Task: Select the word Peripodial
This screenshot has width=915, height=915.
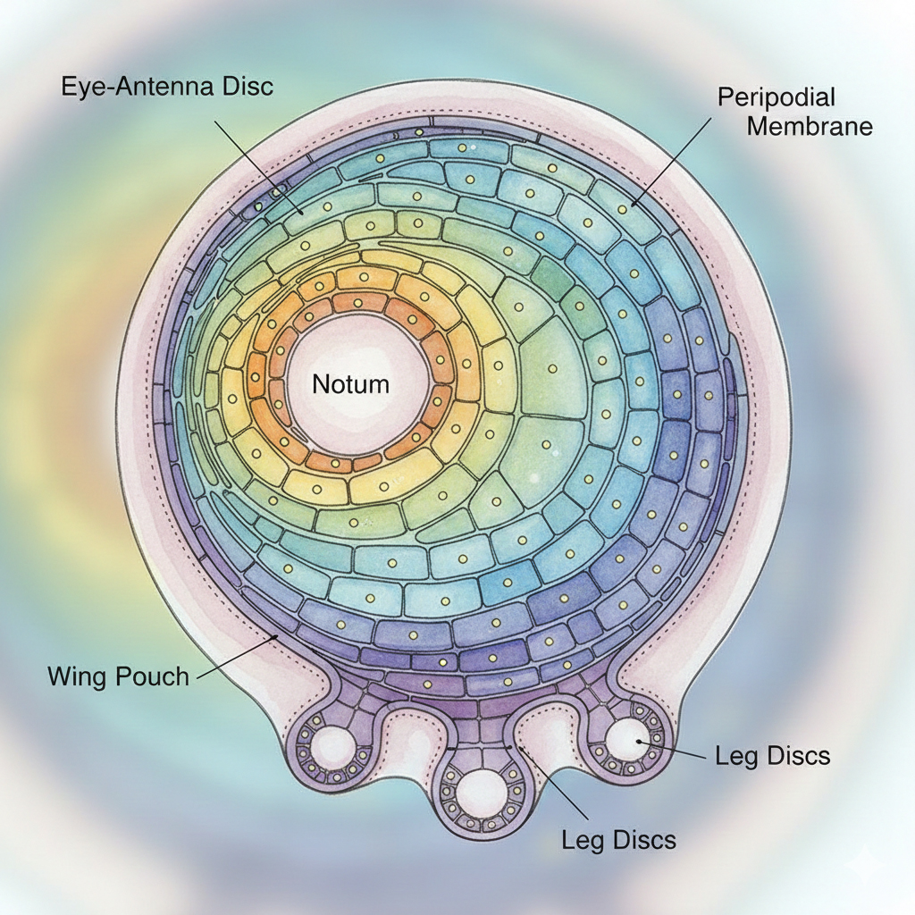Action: [776, 97]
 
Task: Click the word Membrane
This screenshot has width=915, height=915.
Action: [809, 125]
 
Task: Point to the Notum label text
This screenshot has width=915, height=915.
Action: [350, 384]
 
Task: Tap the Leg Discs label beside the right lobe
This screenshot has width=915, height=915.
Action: [772, 756]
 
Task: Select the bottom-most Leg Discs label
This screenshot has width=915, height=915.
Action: [618, 839]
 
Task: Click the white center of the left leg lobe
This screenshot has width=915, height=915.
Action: [337, 744]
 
